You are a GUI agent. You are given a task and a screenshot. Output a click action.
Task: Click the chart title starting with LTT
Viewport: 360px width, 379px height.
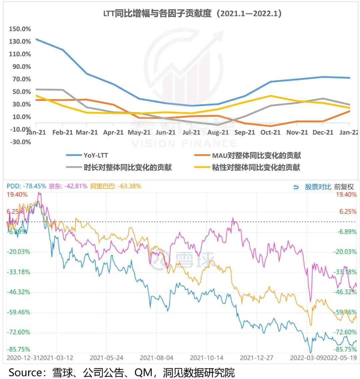(193, 14)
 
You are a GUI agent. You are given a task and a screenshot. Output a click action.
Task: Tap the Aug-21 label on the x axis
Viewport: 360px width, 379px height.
(218, 132)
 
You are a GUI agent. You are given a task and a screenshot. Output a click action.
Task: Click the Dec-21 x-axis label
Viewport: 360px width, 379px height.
(323, 132)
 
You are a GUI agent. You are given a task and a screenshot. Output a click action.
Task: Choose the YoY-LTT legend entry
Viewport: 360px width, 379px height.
(96, 155)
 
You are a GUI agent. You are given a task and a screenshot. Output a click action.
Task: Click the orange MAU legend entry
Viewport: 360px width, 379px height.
(256, 155)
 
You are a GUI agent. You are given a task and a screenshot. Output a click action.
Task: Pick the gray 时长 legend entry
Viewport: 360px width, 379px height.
(128, 167)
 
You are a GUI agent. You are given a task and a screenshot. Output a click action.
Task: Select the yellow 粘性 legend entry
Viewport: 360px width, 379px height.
(256, 167)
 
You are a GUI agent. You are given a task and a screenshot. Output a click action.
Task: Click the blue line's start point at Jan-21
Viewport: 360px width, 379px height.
(36, 39)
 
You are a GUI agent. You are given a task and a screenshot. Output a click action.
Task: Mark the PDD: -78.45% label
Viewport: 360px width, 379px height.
(26, 186)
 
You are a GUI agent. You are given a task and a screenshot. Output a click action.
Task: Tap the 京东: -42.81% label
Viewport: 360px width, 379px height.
(68, 186)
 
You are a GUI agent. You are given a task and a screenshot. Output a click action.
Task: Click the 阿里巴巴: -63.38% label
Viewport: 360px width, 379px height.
(115, 186)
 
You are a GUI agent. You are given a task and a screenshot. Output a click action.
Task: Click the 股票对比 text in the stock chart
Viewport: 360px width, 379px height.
(318, 187)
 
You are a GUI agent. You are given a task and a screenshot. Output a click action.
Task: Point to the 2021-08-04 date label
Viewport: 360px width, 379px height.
(156, 358)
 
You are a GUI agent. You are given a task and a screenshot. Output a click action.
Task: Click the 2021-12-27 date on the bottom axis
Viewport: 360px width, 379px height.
(256, 358)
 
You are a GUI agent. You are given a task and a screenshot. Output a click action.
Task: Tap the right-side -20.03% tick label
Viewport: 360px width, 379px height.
(345, 252)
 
